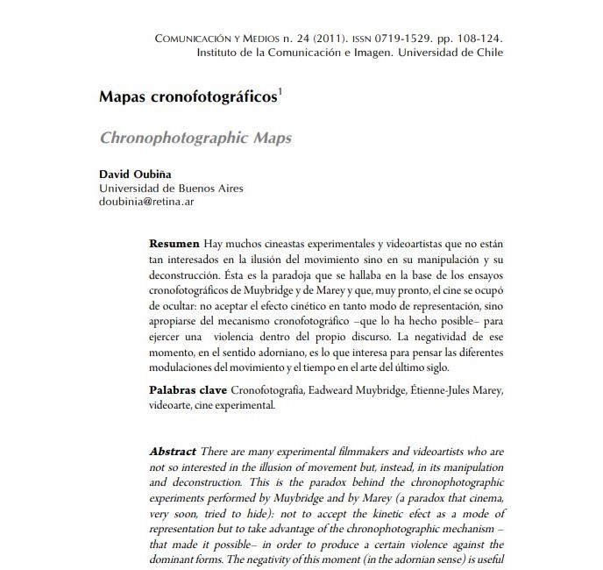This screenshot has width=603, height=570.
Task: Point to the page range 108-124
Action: click(x=473, y=39)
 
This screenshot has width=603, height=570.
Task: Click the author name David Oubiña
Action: click(x=132, y=174)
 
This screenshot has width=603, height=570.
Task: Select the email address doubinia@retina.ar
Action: click(x=147, y=201)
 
